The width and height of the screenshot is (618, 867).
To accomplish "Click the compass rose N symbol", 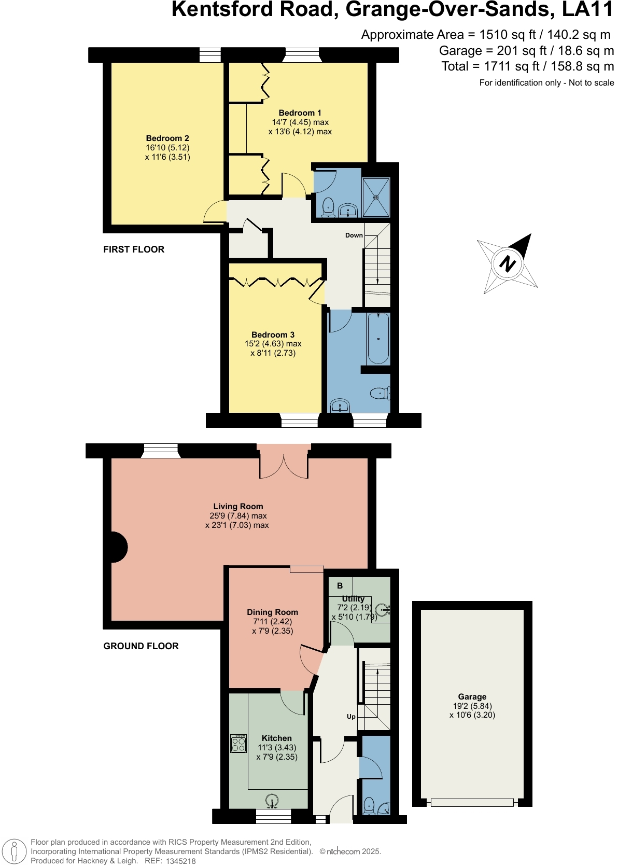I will pos(508,263).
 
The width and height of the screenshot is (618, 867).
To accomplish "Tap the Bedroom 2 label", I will pos(167,138).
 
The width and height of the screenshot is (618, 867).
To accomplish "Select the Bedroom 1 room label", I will pos(300,113).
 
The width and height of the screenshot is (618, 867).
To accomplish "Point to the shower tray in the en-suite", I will pos(376,197).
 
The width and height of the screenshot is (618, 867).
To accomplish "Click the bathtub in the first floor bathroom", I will pos(378,338).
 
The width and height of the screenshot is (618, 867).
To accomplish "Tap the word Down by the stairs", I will pos(354,235).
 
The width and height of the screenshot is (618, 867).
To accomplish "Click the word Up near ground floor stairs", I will pos(351,717).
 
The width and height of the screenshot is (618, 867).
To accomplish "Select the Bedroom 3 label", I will pos(273,335).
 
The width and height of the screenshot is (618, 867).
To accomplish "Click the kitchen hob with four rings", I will pos(238,744).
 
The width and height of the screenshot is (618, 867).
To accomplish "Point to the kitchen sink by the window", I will pos(272,801).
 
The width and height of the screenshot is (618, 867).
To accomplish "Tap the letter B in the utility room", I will pos(340,586).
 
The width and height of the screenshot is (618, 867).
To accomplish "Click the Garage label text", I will pos(472,697).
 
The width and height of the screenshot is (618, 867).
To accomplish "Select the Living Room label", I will pos(238,507).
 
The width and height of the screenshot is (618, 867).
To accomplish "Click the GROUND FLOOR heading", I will pos(141,646).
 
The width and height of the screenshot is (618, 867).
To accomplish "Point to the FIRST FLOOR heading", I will pos(134,249).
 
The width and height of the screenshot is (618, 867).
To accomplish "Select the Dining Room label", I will pos(272,612).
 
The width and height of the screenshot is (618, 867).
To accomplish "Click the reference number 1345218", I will pos(180,861).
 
